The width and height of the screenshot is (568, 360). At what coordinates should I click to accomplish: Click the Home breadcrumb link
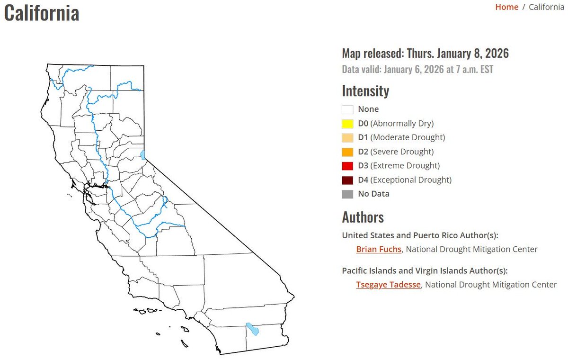click(506, 7)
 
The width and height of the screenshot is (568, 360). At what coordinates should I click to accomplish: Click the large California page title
click(41, 12)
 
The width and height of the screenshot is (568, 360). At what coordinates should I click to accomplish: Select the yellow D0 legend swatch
click(347, 124)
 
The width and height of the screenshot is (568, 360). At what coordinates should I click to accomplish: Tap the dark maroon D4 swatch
click(347, 180)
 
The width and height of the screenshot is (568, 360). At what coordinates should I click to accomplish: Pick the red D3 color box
click(347, 166)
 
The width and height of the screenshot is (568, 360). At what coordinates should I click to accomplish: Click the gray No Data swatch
click(347, 194)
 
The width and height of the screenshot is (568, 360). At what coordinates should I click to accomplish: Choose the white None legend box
click(347, 109)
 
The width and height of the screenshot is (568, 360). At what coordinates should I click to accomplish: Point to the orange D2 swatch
click(347, 152)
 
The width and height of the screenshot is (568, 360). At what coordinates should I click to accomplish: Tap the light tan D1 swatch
click(347, 138)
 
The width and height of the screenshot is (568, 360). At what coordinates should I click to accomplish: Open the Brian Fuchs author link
click(379, 249)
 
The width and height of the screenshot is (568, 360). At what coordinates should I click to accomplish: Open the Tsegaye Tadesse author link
click(388, 285)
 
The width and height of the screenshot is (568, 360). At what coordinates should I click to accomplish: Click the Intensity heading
click(365, 90)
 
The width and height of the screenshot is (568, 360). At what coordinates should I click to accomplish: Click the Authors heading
click(363, 217)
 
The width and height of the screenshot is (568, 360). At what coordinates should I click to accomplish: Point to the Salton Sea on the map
click(252, 329)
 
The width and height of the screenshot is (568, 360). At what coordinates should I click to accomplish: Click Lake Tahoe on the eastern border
click(143, 155)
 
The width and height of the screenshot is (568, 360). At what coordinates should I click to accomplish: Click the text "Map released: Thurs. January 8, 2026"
click(425, 54)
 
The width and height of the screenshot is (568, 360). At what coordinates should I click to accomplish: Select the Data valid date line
click(417, 70)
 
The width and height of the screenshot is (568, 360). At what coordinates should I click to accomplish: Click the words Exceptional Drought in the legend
click(410, 180)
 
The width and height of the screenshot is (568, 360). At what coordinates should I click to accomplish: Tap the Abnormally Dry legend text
click(402, 124)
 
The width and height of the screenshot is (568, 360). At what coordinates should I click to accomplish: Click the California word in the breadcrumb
click(546, 7)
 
